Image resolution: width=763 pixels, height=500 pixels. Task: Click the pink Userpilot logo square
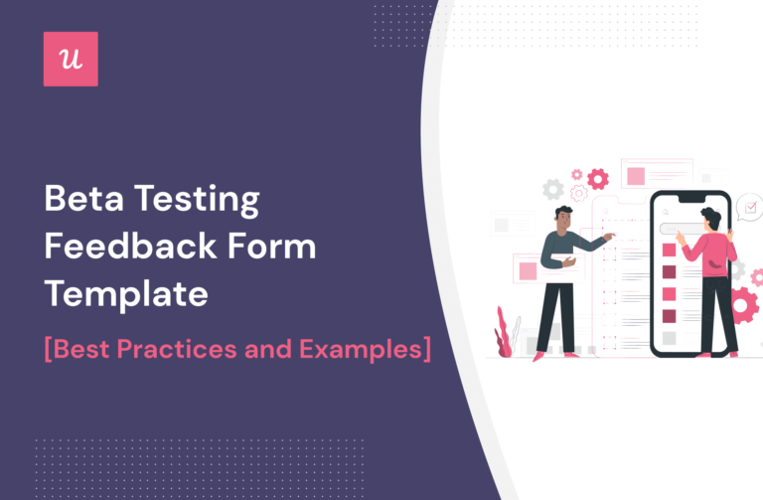[71, 59]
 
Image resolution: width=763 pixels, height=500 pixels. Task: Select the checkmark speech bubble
[749, 208]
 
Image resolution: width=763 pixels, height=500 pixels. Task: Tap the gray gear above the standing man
[552, 189]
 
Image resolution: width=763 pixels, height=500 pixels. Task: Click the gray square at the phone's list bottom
[669, 338]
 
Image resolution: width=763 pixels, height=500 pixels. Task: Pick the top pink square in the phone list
[669, 250]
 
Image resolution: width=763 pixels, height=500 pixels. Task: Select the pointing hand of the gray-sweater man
[609, 236]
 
